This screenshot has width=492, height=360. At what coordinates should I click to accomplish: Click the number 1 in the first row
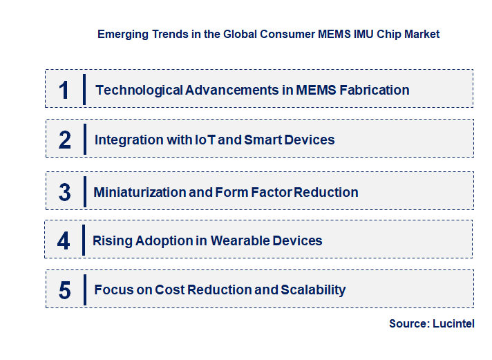coord(64,90)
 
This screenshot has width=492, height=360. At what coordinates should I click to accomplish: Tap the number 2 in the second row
coord(64,140)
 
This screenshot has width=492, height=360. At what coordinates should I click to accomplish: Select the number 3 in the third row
coord(64,192)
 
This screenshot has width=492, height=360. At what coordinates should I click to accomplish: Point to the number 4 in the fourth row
coord(64,240)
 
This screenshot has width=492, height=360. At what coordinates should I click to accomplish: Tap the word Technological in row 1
coord(139,90)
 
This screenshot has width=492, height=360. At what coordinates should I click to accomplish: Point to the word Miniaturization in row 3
coord(139,192)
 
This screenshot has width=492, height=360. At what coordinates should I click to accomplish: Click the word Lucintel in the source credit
coord(453,323)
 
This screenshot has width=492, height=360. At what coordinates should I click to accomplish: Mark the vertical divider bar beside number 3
coord(84,191)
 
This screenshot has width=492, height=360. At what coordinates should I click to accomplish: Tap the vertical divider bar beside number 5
coord(84,289)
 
